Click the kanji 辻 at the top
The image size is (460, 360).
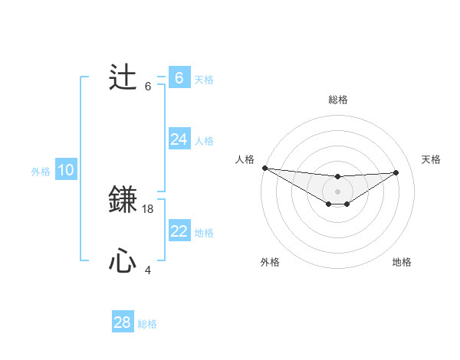click(x=123, y=78)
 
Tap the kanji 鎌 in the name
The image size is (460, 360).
click(x=123, y=201)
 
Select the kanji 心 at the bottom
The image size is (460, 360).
click(x=123, y=262)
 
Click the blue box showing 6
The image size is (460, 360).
click(x=179, y=78)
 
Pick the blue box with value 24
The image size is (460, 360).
click(x=179, y=139)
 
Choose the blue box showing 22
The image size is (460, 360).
click(x=179, y=231)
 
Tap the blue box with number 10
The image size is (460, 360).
click(x=66, y=171)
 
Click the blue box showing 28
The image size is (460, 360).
click(x=123, y=322)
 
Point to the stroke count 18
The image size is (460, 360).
click(x=149, y=208)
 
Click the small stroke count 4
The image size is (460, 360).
click(x=148, y=270)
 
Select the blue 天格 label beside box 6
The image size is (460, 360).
click(x=204, y=79)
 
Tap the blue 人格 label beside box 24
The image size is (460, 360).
click(x=204, y=140)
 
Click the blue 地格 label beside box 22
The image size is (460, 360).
click(x=204, y=232)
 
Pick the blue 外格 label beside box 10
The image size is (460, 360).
click(x=41, y=172)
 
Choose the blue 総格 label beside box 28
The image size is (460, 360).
click(x=148, y=324)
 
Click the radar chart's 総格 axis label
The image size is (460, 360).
click(x=337, y=100)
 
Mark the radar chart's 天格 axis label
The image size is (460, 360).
click(x=432, y=159)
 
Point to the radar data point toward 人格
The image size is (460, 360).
click(x=264, y=168)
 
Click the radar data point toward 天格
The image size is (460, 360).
click(x=396, y=172)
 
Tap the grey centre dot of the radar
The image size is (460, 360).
click(x=337, y=191)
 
